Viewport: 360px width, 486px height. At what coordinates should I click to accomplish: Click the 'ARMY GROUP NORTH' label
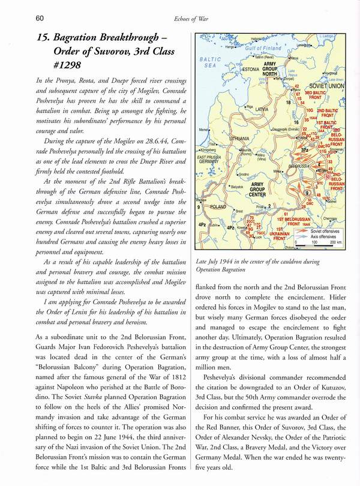click(x=270, y=71)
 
